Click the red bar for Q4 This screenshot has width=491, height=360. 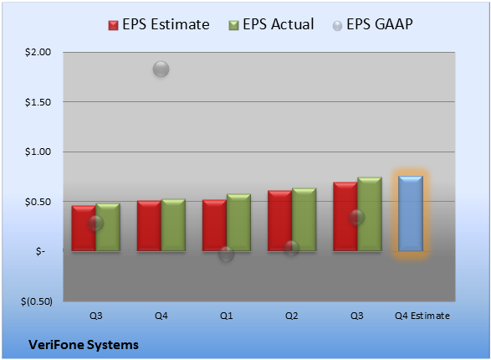tap(149, 225)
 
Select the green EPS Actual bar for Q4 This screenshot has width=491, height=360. tap(173, 224)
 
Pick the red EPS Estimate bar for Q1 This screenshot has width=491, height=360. tap(214, 225)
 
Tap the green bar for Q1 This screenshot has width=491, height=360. tap(238, 222)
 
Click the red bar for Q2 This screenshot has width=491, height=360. tap(279, 220)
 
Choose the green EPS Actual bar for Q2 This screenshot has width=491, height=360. tap(304, 219)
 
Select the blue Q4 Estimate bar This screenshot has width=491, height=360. tap(411, 213)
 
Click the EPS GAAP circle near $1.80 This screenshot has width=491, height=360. tap(161, 69)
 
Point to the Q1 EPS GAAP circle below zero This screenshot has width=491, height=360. tap(226, 254)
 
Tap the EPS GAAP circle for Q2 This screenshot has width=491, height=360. tap(292, 248)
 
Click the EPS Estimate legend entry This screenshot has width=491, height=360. tap(159, 24)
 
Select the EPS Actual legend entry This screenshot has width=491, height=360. tap(271, 24)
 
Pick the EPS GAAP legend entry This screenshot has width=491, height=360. tap(372, 24)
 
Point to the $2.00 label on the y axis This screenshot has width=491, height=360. tap(38, 52)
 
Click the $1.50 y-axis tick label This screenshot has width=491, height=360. tap(38, 102)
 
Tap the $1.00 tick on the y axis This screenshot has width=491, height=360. tap(38, 152)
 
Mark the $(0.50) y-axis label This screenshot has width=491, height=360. tap(37, 301)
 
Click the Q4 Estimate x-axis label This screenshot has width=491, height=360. tap(422, 316)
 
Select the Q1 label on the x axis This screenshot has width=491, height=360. tap(227, 316)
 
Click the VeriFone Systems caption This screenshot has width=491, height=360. tap(84, 345)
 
